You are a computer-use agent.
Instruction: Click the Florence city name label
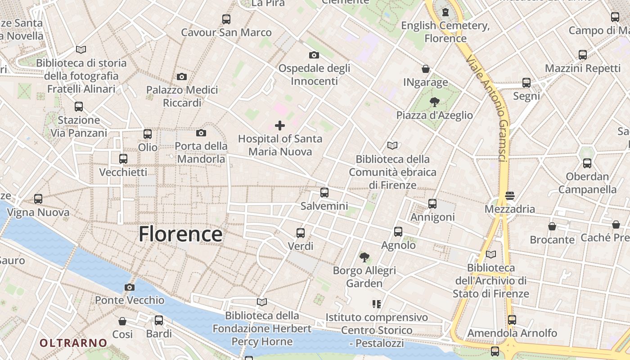[x=180, y=234]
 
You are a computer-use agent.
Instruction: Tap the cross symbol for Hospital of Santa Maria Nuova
[x=280, y=125]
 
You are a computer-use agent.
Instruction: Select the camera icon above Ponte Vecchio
[x=130, y=287]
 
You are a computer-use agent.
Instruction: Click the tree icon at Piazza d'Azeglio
[x=434, y=102]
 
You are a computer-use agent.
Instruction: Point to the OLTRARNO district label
[x=73, y=343]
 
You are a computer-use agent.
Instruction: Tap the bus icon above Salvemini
[x=324, y=193]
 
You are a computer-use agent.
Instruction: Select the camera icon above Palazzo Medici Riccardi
[x=182, y=76]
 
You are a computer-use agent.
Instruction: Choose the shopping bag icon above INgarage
[x=426, y=69]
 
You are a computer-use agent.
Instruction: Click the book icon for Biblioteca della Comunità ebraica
[x=392, y=145]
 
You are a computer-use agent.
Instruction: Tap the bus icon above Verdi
[x=301, y=233]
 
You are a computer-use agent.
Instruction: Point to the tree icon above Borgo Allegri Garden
[x=364, y=257]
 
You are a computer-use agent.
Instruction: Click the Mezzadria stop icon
[x=510, y=196]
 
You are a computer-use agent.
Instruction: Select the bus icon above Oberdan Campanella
[x=587, y=163]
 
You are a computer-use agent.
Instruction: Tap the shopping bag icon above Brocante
[x=552, y=226]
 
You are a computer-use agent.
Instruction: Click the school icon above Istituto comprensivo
[x=377, y=304]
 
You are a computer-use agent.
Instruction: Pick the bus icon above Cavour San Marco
[x=226, y=19]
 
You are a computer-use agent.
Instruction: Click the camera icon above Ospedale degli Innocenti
[x=314, y=55]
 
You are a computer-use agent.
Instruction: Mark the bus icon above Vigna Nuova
[x=38, y=198]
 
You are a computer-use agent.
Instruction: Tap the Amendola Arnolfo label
[x=512, y=333]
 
